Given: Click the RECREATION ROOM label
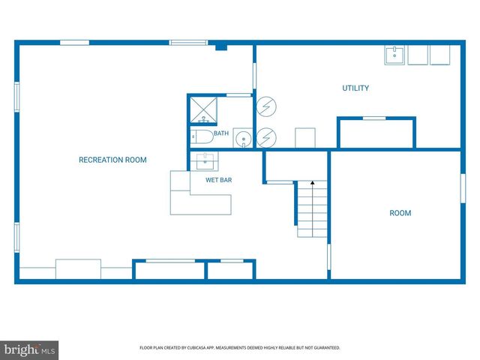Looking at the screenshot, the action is [112, 160].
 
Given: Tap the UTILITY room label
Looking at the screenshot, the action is [355, 88].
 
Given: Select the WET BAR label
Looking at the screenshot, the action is [218, 180].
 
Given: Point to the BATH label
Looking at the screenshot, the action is [221, 133].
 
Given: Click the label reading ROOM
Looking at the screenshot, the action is [400, 213].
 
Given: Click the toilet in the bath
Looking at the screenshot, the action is [202, 136].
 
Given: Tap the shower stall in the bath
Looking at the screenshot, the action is [203, 110].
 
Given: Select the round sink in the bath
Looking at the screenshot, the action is [243, 139].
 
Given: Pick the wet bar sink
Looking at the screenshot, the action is [205, 161].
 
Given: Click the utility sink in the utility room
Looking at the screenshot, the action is [394, 55].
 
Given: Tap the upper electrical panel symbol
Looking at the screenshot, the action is [266, 106].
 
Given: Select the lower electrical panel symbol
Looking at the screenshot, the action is [266, 138].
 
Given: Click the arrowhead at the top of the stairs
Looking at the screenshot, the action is [313, 182].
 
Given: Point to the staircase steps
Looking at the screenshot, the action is [312, 208].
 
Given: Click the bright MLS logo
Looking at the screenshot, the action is [29, 350].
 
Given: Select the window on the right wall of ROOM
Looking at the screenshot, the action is [463, 188].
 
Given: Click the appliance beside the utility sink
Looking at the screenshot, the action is [418, 55].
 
